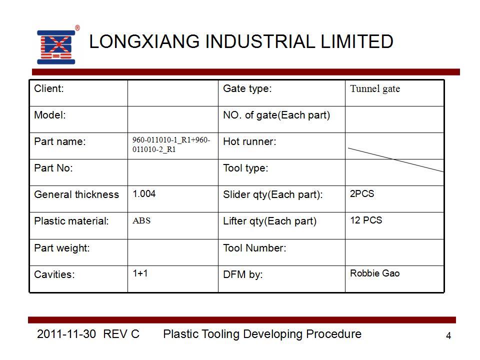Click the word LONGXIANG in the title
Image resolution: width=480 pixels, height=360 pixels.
[144, 41]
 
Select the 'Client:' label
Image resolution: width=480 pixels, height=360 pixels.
[49, 88]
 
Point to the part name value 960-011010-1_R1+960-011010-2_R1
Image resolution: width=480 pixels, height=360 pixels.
[171, 144]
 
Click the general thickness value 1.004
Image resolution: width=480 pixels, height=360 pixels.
[144, 194]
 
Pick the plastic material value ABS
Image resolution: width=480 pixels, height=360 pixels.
[141, 220]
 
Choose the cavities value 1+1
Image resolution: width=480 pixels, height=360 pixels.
[140, 273]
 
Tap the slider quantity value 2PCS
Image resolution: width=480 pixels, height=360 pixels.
[362, 194]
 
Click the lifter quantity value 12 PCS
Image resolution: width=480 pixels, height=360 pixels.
[366, 220]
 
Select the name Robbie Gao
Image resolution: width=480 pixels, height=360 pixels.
[374, 273]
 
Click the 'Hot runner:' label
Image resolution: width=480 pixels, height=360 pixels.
[249, 141]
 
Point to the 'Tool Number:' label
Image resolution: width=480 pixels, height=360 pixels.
[254, 248]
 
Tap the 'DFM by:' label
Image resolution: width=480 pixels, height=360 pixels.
[243, 274]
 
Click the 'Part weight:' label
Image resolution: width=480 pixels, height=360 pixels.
[62, 248]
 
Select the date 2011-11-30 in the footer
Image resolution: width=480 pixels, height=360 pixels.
[66, 334]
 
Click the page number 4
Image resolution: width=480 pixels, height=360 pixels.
[448, 336]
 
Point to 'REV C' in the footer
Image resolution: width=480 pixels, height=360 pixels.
[121, 334]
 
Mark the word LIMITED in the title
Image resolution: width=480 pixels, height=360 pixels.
[356, 41]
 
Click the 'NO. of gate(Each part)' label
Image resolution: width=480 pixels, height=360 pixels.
[276, 115]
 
